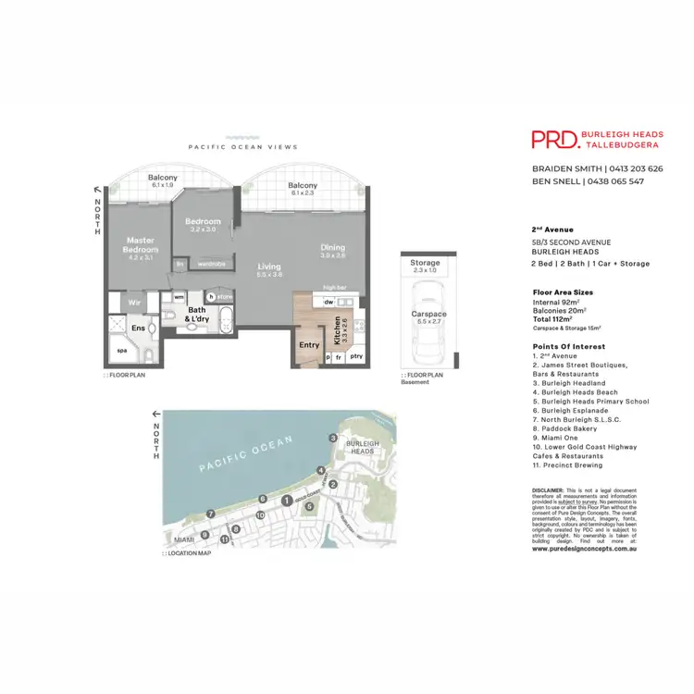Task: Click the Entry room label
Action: point(309,345)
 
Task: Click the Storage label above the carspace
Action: point(426,264)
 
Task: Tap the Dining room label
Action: point(333,248)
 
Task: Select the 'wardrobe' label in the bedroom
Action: point(210,263)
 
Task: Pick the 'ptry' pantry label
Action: point(356,356)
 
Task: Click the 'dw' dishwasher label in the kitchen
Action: point(328,302)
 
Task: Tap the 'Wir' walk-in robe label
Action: point(133,302)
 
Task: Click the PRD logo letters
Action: point(553,140)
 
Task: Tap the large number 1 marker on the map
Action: point(287,501)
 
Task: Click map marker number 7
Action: point(211,514)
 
